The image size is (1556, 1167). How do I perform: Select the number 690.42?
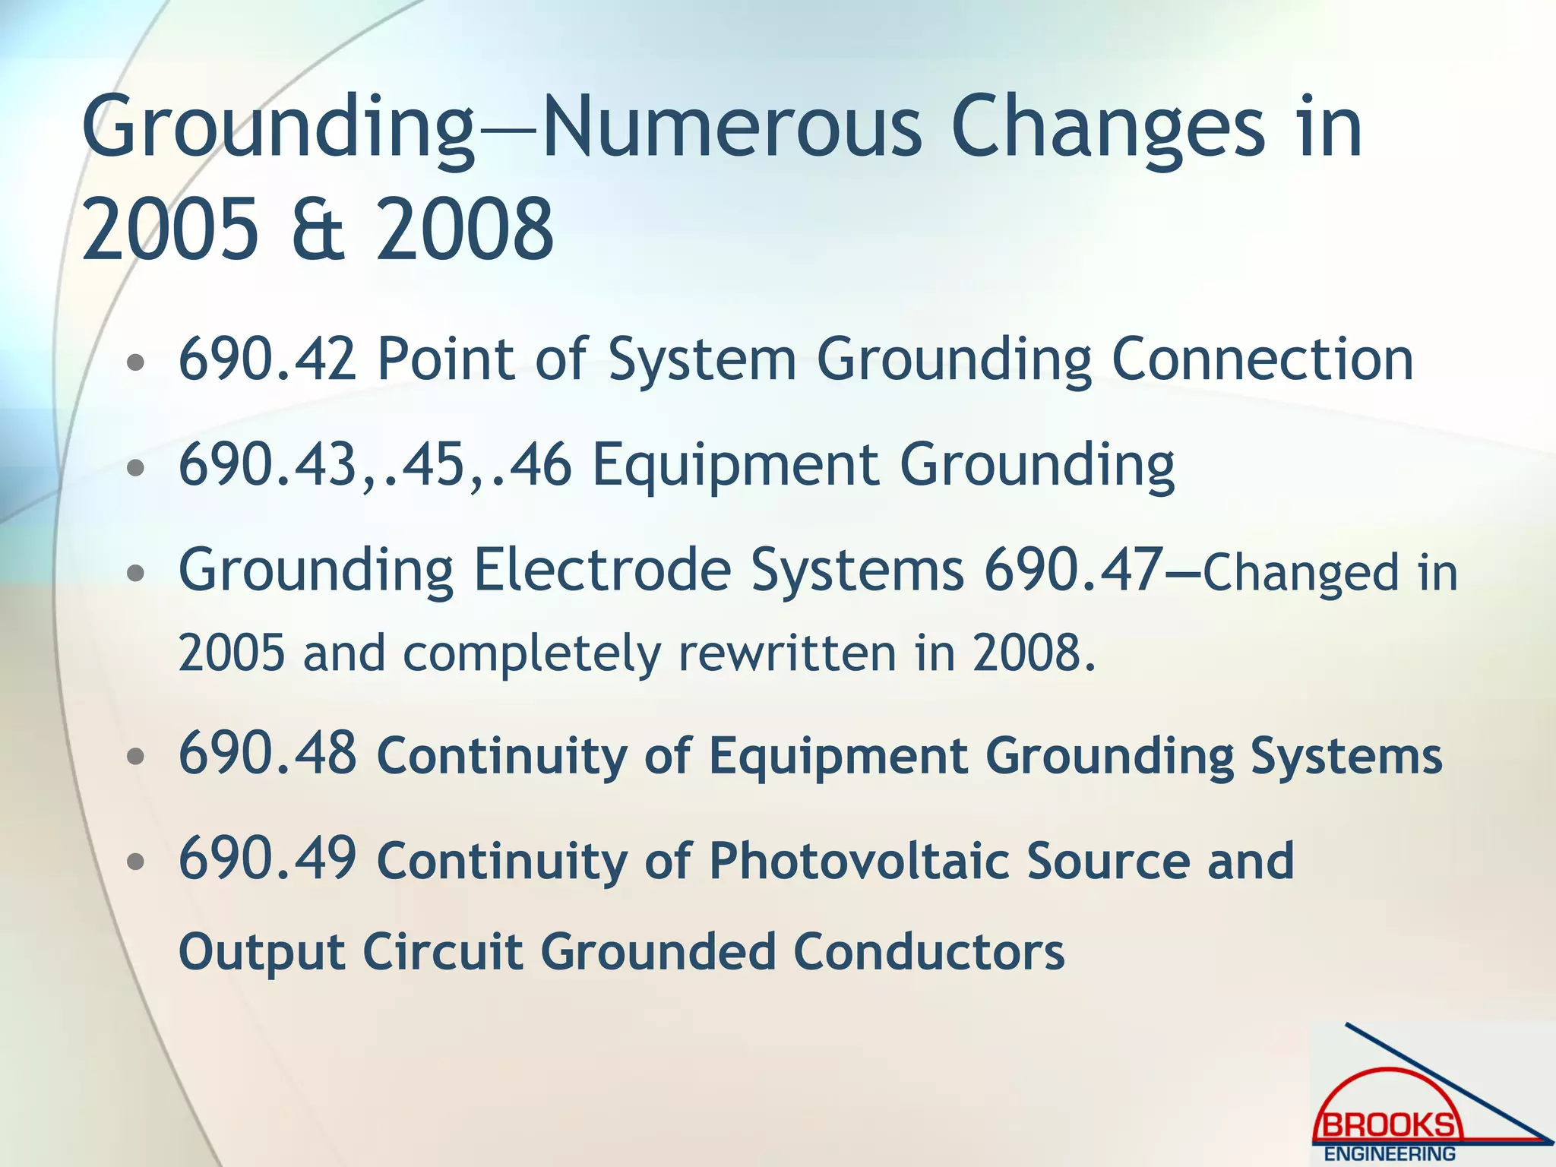pyautogui.click(x=267, y=359)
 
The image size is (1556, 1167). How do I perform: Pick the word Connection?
pyautogui.click(x=1262, y=359)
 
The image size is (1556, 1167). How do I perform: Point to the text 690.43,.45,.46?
pyautogui.click(x=374, y=464)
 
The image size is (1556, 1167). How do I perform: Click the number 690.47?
pyautogui.click(x=1072, y=570)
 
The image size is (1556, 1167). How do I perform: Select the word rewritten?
pyautogui.click(x=787, y=653)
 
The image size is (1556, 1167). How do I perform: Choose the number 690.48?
pyautogui.click(x=267, y=754)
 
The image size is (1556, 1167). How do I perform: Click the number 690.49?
pyautogui.click(x=267, y=860)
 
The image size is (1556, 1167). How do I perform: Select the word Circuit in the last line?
pyautogui.click(x=442, y=951)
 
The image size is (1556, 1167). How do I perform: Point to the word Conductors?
pyautogui.click(x=928, y=951)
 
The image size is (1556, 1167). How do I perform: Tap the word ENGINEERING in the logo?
pyautogui.click(x=1390, y=1153)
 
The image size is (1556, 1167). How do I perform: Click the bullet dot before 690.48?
pyautogui.click(x=135, y=757)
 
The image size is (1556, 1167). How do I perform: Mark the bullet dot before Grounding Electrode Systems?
pyautogui.click(x=135, y=574)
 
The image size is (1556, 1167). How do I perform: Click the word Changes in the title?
pyautogui.click(x=1107, y=127)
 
